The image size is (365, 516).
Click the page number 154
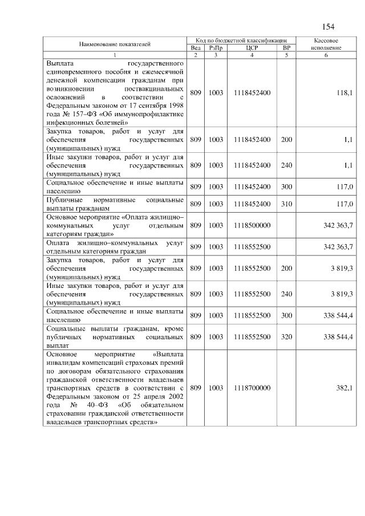pyautogui.click(x=328, y=27)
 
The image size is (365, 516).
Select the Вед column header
pyautogui.click(x=196, y=48)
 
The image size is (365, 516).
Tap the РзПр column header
pyautogui.click(x=216, y=48)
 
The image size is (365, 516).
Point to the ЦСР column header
pyautogui.click(x=252, y=48)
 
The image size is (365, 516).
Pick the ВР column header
pyautogui.click(x=286, y=48)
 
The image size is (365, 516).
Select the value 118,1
pyautogui.click(x=344, y=92)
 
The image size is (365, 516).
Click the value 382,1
pyautogui.click(x=344, y=388)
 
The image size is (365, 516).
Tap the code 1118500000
pyautogui.click(x=252, y=225)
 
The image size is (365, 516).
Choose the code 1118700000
pyautogui.click(x=252, y=388)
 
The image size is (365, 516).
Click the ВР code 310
pyautogui.click(x=286, y=204)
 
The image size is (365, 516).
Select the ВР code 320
pyautogui.click(x=286, y=337)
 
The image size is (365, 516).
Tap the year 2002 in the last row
pyautogui.click(x=175, y=396)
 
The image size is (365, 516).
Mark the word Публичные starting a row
pyautogui.click(x=63, y=200)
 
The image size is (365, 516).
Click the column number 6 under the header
pyautogui.click(x=327, y=55)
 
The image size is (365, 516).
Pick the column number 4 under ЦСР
pyautogui.click(x=252, y=55)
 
